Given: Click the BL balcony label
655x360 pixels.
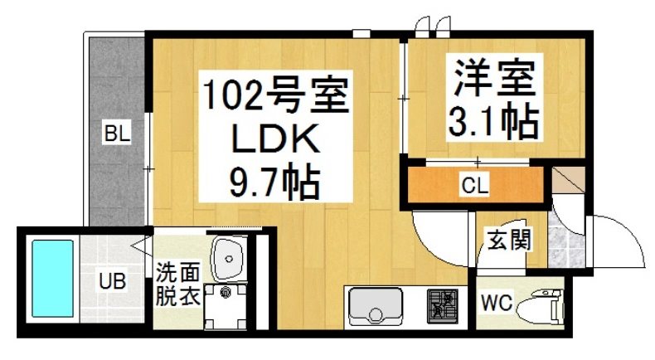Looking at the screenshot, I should click(115, 133).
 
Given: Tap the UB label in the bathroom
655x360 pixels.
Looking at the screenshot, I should click(113, 280).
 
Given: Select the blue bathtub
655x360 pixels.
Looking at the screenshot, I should click(52, 280).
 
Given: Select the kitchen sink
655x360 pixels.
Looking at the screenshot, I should click(376, 308).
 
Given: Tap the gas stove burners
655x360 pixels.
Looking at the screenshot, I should click(444, 306).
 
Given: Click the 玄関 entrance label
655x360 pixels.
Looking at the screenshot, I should click(508, 241).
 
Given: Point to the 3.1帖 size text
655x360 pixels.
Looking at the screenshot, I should click(492, 123).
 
